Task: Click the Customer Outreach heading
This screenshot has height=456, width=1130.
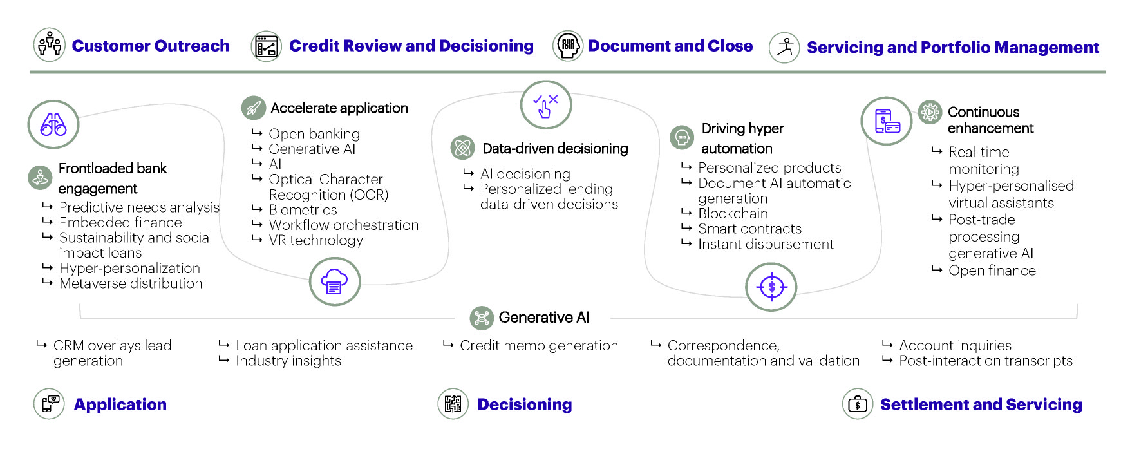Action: tap(150, 46)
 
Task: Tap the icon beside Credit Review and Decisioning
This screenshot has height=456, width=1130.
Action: tap(266, 46)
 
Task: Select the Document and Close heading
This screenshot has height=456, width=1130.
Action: tap(670, 46)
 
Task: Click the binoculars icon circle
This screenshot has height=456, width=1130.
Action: tap(53, 124)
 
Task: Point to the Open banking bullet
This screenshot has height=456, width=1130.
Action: tap(314, 134)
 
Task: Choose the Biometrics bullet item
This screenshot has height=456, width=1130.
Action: tap(303, 210)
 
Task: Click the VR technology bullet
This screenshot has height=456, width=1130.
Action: tap(315, 240)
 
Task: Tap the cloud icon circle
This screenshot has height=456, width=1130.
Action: tap(334, 282)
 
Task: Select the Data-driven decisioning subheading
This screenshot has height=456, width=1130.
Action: tap(555, 149)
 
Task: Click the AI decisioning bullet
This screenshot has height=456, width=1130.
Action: tap(525, 174)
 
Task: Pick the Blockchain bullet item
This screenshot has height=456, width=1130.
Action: tap(733, 214)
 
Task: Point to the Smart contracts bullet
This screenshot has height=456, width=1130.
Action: tap(749, 229)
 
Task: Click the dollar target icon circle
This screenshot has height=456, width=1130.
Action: tap(771, 287)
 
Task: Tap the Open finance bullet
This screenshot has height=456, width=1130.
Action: tap(992, 271)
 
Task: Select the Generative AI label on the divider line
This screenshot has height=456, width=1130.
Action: tap(543, 318)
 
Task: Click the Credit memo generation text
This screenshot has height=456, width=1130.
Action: tap(538, 346)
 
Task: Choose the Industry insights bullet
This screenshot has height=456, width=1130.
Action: tap(288, 361)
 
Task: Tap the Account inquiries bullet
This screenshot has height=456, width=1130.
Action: tap(955, 346)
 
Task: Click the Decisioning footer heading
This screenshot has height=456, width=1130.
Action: tap(524, 404)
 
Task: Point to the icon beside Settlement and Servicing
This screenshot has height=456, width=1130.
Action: tap(858, 404)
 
